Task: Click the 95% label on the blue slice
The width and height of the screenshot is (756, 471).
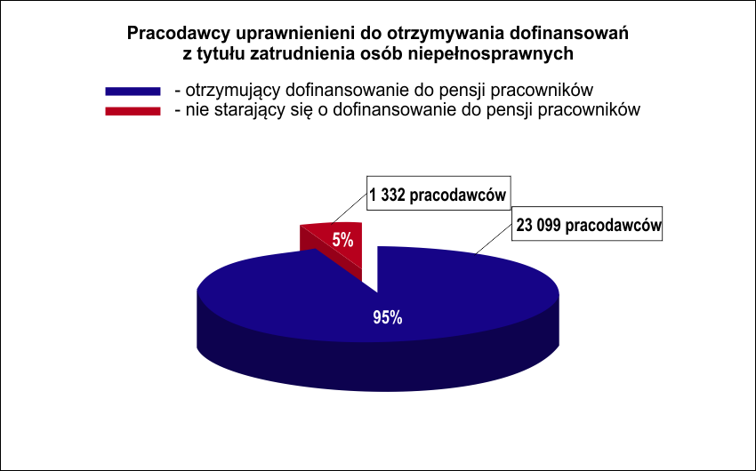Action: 388,317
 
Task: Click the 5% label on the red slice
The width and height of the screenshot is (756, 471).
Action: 342,240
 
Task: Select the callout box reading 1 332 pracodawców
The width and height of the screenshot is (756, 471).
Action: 438,193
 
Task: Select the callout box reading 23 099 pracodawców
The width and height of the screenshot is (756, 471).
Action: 587,224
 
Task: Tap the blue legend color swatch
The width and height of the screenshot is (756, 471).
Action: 133,91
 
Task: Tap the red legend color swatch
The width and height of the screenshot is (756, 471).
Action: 133,111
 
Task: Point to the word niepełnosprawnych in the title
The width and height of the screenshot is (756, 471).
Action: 491,54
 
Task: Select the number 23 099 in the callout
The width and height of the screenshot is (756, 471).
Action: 538,226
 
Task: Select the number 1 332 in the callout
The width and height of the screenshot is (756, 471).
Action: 387,195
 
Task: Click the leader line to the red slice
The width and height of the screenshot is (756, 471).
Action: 349,209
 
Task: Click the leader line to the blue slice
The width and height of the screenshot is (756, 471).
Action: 495,239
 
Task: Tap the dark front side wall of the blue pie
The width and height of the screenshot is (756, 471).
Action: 378,365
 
